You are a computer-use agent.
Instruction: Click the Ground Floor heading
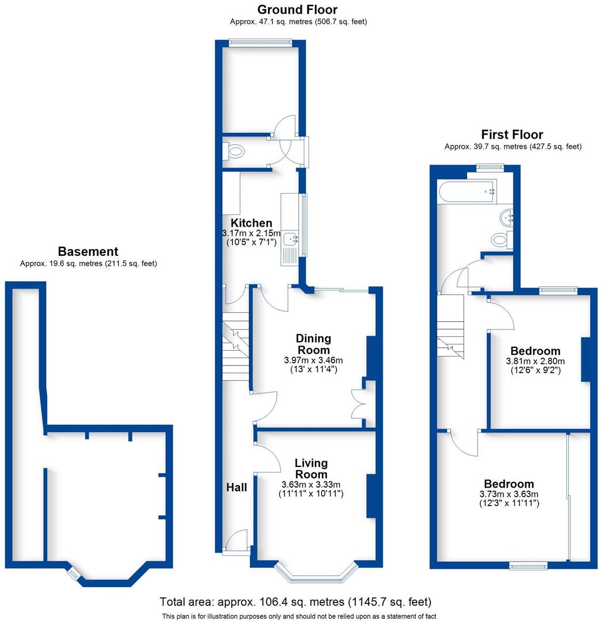click(x=297, y=10)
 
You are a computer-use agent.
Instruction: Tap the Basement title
click(x=88, y=251)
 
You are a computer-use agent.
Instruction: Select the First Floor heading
click(x=512, y=135)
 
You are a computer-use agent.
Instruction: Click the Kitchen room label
click(x=252, y=223)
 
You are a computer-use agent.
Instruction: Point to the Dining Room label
click(x=313, y=344)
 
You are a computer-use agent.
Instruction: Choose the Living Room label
click(x=311, y=469)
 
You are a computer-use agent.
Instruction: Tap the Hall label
click(x=237, y=488)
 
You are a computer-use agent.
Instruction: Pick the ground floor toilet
click(x=234, y=152)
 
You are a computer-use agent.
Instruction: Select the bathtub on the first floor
click(x=466, y=192)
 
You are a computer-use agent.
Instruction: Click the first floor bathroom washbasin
click(x=506, y=217)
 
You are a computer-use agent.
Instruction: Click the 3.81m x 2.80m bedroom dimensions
click(x=535, y=362)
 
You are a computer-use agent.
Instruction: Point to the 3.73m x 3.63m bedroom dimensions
click(x=509, y=494)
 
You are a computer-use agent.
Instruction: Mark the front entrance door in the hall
click(x=235, y=542)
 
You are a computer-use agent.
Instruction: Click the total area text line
click(x=295, y=602)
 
